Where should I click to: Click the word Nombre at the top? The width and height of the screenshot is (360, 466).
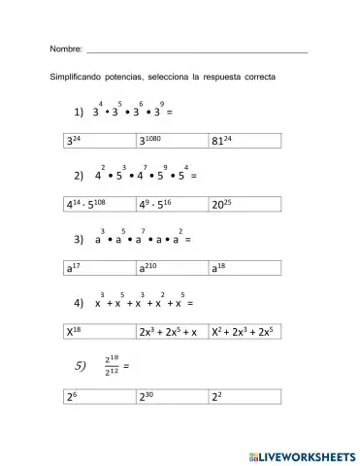pyautogui.click(x=65, y=49)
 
